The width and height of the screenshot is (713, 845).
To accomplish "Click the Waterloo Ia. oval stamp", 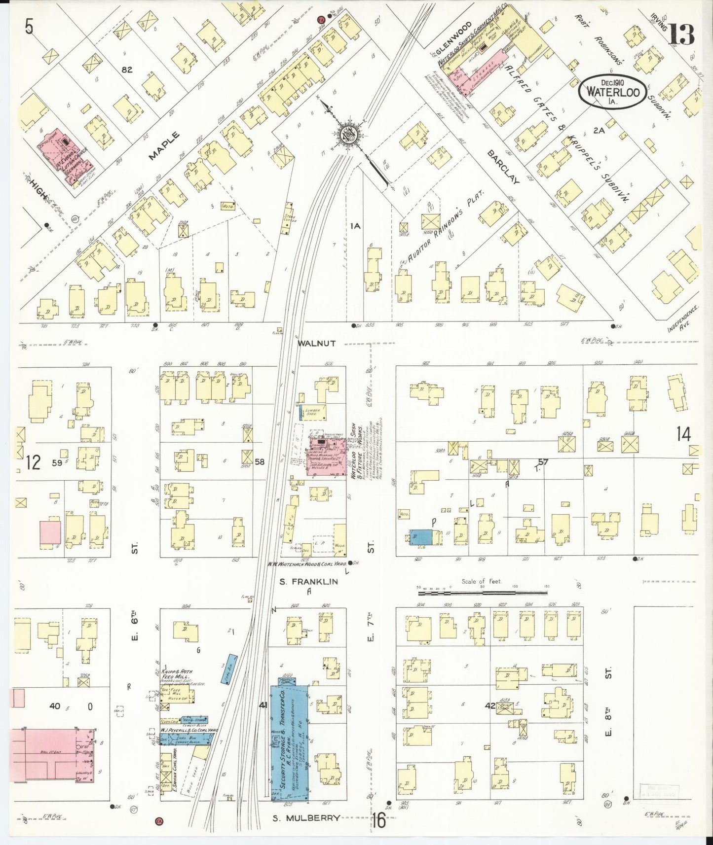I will [613, 91].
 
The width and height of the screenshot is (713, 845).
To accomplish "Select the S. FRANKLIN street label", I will [309, 582].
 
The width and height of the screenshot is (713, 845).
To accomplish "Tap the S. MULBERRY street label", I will [306, 817].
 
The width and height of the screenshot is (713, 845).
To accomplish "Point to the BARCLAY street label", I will [503, 167].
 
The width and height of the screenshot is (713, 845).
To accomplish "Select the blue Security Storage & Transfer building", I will [289, 739].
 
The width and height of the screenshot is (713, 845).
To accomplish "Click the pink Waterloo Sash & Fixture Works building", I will [326, 458].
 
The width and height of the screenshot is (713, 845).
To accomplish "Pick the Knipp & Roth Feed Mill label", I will [176, 675].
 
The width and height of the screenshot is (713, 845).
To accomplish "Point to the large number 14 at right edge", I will [683, 434].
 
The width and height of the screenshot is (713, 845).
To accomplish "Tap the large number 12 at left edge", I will [33, 462].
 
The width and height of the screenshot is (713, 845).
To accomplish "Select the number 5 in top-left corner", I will [29, 28].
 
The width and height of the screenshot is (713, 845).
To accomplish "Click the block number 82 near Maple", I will [127, 70].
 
